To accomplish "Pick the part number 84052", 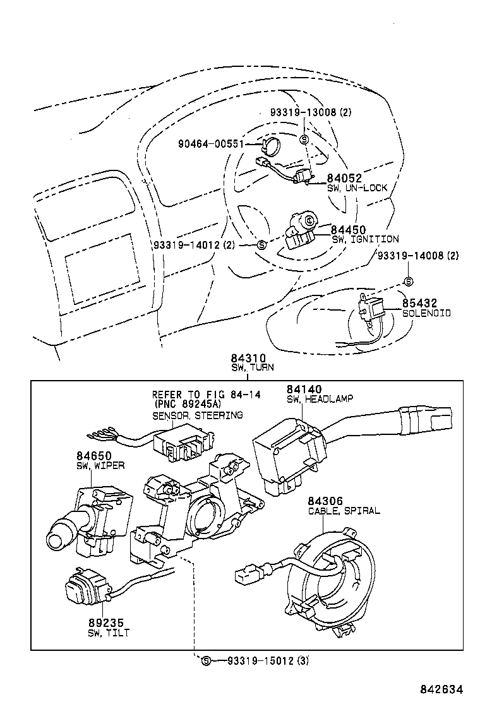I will coord(344,179).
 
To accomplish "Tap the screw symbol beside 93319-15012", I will coord(205,661).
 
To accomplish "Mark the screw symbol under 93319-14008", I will coord(409,281).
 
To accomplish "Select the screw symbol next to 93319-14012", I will coord(261,244).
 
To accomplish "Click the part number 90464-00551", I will coord(211,144).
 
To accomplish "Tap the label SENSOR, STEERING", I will coord(196,415).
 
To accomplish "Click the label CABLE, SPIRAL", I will coord(344,510).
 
